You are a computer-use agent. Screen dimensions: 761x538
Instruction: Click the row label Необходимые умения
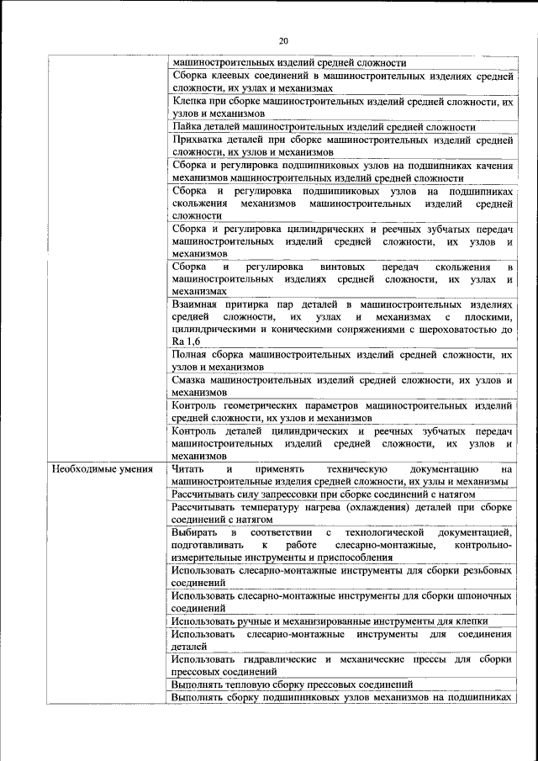point(101,469)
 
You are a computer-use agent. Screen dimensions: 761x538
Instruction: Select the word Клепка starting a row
point(187,101)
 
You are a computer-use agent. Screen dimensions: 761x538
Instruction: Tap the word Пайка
point(186,127)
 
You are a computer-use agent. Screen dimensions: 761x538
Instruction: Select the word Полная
point(190,354)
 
